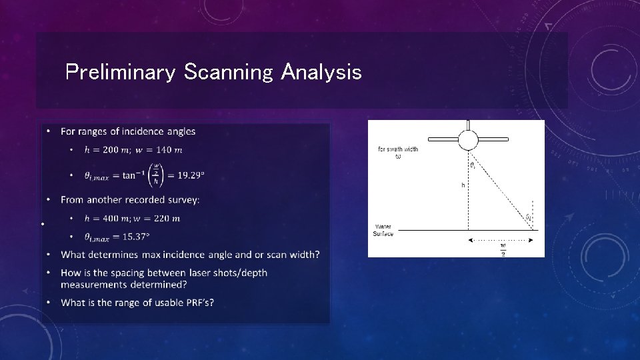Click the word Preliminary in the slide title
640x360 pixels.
[120, 72]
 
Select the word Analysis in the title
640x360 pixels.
[321, 72]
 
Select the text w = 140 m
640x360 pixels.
[159, 150]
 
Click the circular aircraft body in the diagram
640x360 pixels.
[468, 139]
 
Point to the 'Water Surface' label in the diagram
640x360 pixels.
[384, 230]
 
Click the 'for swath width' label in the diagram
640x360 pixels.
[398, 149]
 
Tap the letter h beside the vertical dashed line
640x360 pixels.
[463, 185]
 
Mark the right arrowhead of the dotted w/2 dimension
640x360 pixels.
[531, 239]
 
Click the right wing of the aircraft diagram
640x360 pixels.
[494, 139]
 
